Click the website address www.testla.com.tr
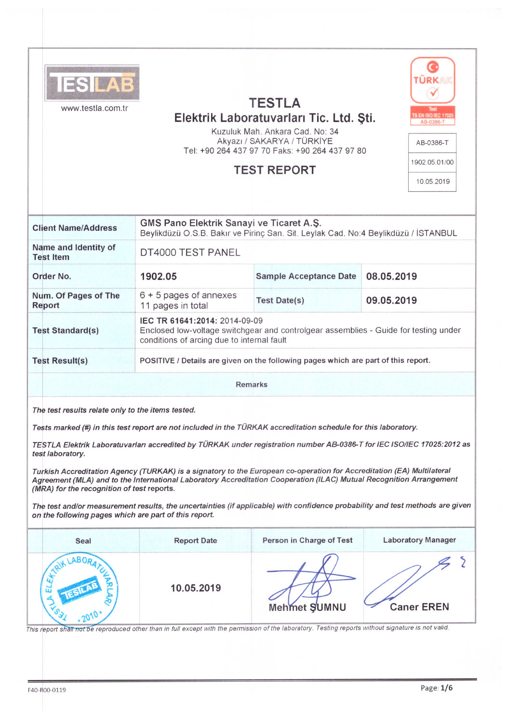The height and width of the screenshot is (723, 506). (x=94, y=108)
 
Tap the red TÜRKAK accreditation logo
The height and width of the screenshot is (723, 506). (x=433, y=80)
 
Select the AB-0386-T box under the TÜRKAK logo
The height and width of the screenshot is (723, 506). (x=432, y=143)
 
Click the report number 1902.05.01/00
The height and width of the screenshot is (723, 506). (x=432, y=162)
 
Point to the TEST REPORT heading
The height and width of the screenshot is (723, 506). (x=275, y=170)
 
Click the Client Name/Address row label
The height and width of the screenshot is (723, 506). (x=75, y=228)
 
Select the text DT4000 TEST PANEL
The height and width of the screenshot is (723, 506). (x=190, y=253)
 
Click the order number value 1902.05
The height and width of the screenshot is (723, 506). (x=159, y=277)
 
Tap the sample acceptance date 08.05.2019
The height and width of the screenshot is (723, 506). (x=391, y=277)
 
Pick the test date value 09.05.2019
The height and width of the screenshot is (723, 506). (x=391, y=301)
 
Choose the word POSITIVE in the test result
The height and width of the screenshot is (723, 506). (x=157, y=361)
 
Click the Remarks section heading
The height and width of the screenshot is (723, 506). (x=252, y=385)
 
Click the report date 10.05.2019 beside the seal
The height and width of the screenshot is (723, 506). (x=196, y=588)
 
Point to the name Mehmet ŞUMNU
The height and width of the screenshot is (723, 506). (x=307, y=608)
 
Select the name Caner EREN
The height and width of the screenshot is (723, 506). (x=419, y=607)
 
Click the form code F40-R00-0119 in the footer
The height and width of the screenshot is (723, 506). (x=47, y=690)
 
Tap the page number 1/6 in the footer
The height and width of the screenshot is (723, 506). (x=446, y=688)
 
